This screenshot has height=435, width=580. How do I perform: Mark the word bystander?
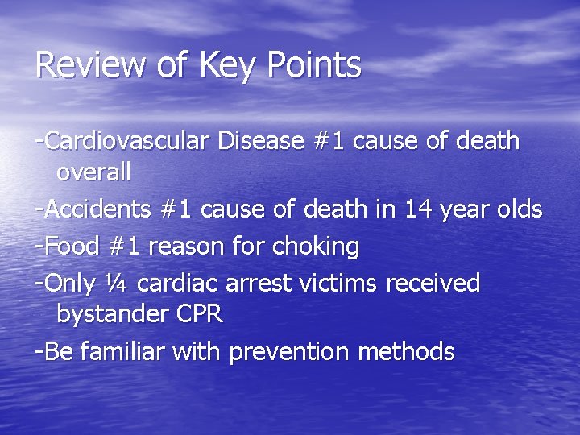113,314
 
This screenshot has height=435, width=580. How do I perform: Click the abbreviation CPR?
199,313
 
